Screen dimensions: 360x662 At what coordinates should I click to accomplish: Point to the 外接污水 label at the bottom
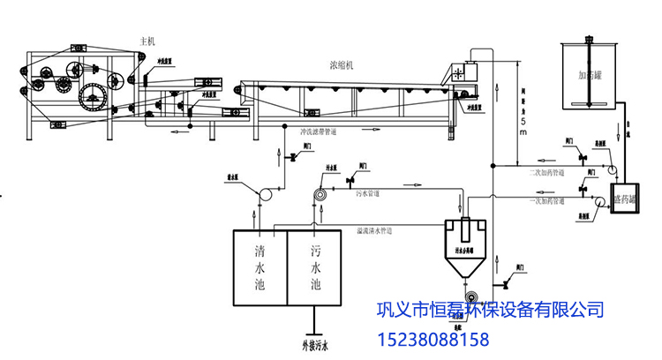(x=314, y=345)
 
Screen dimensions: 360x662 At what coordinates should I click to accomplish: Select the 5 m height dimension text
(x=523, y=124)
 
